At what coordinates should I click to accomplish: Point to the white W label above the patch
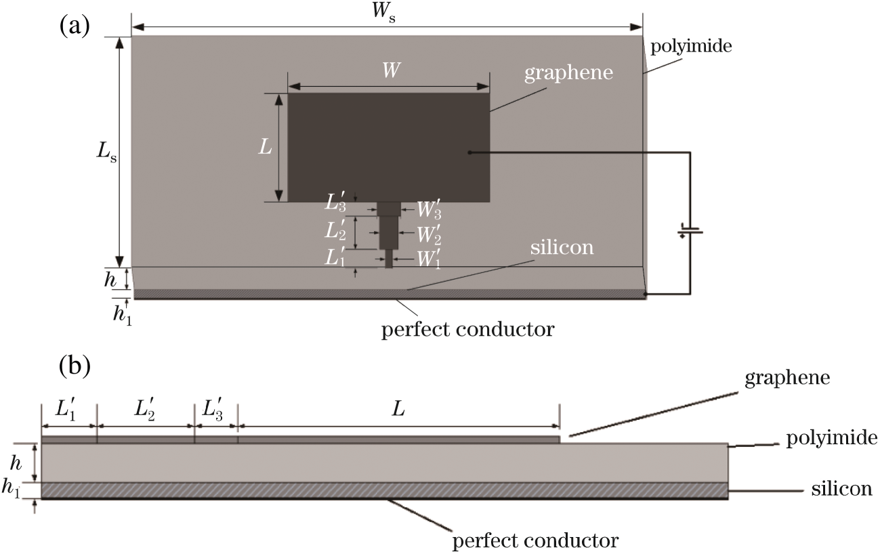[388, 70]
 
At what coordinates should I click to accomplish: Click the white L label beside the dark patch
[265, 147]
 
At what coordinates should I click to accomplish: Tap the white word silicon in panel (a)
[562, 248]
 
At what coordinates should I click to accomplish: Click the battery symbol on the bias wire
[690, 232]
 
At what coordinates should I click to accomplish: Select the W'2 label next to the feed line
[429, 235]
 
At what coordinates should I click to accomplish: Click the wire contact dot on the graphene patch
[469, 153]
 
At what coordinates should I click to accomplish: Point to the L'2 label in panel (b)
[145, 411]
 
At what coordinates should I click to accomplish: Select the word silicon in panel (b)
[841, 489]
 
